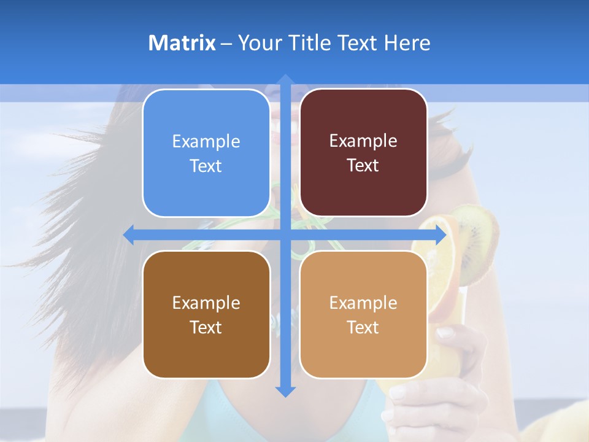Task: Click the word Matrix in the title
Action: [x=182, y=43]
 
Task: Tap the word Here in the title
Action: [x=407, y=43]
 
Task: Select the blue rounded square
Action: [x=206, y=153]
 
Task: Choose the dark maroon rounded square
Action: [x=363, y=153]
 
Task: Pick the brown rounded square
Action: [x=206, y=314]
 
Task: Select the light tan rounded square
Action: [x=363, y=314]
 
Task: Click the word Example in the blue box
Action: [x=206, y=141]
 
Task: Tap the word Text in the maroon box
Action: [x=363, y=166]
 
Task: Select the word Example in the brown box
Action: [x=206, y=303]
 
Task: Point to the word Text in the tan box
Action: [x=363, y=327]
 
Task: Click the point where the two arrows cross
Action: [x=285, y=235]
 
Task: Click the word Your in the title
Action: [x=259, y=43]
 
